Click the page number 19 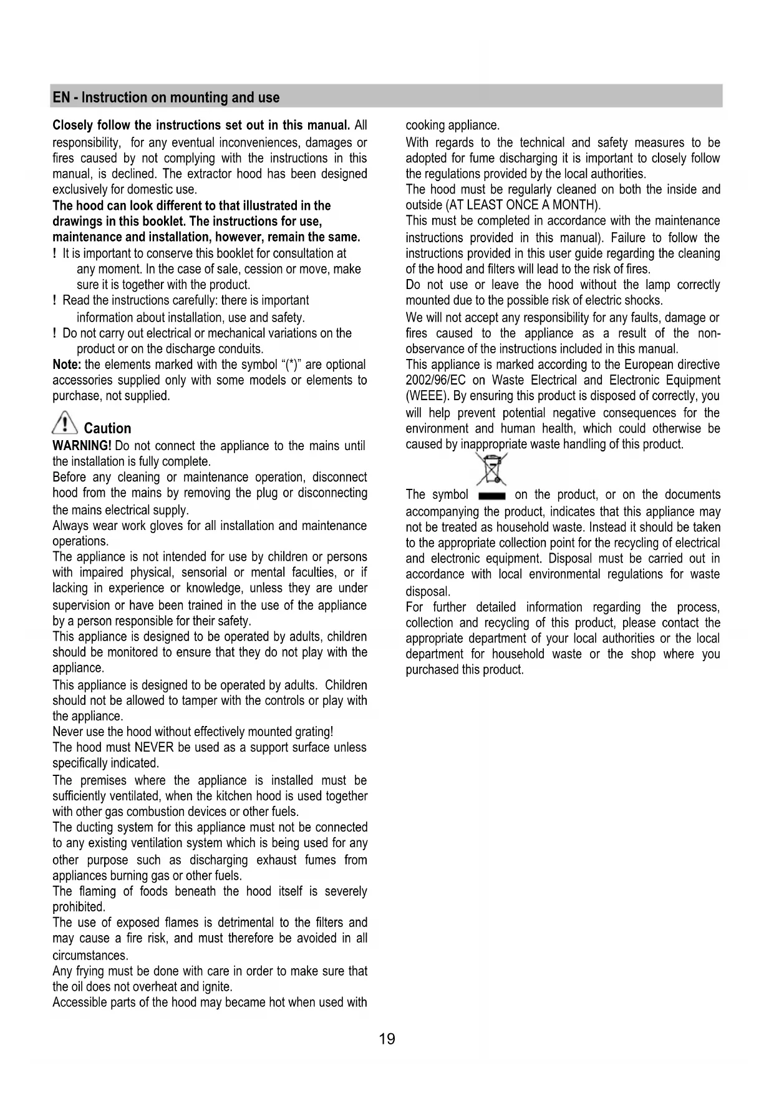point(387,1039)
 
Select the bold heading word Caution point(107,429)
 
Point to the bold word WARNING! point(82,446)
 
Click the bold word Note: point(67,365)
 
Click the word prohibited point(78,907)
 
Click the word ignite point(218,987)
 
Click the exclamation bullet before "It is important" point(56,253)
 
